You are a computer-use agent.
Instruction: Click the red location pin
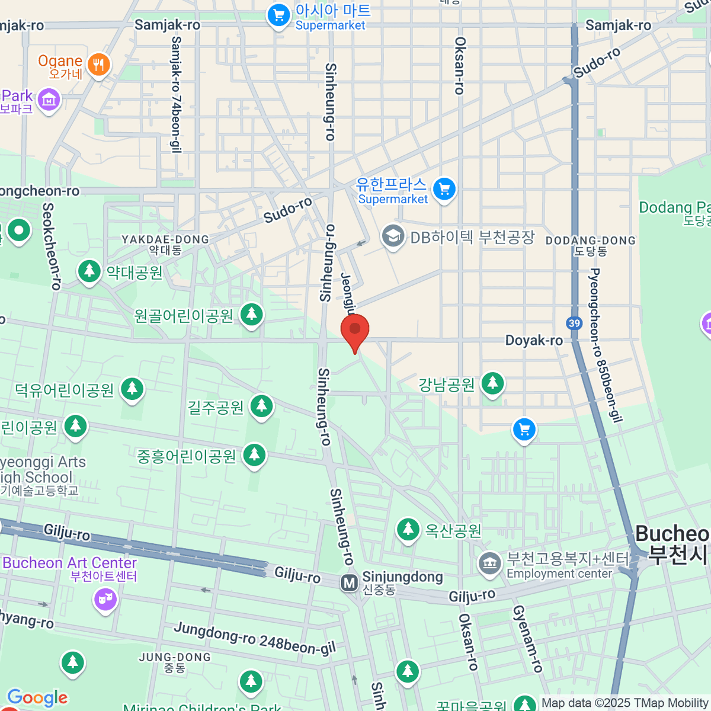[x=355, y=329]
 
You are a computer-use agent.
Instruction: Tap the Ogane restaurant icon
[x=98, y=65]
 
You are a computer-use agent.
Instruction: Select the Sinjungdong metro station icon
[x=350, y=583]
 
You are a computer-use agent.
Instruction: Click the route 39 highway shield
[x=574, y=323]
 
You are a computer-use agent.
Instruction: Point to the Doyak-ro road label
[x=534, y=340]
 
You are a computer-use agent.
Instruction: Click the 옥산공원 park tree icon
[x=408, y=529]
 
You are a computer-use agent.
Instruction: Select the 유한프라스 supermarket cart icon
[x=444, y=189]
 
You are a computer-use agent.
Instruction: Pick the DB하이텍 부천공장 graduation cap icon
[x=392, y=237]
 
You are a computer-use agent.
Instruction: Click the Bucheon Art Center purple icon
[x=105, y=600]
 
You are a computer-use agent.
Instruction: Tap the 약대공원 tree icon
[x=89, y=271]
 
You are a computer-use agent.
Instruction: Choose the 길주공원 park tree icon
[x=261, y=406]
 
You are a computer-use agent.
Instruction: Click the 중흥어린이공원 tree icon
[x=254, y=455]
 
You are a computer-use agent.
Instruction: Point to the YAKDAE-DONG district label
[x=165, y=244]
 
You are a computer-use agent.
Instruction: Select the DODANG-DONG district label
[x=590, y=245]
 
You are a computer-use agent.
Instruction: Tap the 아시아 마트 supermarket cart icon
[x=278, y=15]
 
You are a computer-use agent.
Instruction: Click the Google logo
[x=37, y=698]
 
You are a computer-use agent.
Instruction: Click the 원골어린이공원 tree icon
[x=251, y=314]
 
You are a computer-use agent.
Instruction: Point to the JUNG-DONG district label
[x=175, y=662]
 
